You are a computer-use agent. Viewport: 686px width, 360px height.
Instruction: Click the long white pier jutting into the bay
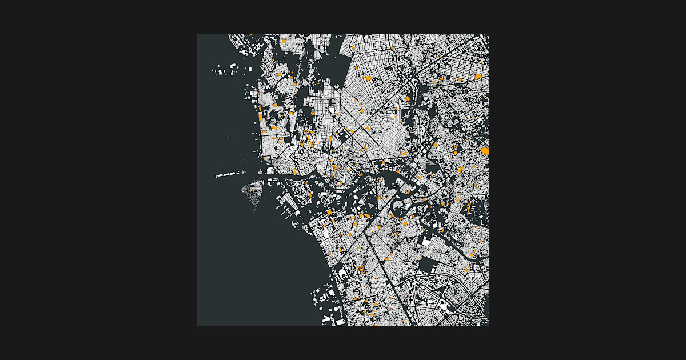(231, 174)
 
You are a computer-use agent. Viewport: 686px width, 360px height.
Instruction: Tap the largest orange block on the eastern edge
(485, 151)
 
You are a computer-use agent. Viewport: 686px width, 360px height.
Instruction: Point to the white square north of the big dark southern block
(426, 242)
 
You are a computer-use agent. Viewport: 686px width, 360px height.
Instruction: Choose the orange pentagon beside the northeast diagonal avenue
(408, 99)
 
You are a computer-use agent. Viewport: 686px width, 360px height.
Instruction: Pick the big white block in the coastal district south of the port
(328, 233)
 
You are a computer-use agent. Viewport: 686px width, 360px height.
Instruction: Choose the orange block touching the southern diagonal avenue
(386, 259)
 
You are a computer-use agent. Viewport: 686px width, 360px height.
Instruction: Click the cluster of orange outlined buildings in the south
(361, 268)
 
